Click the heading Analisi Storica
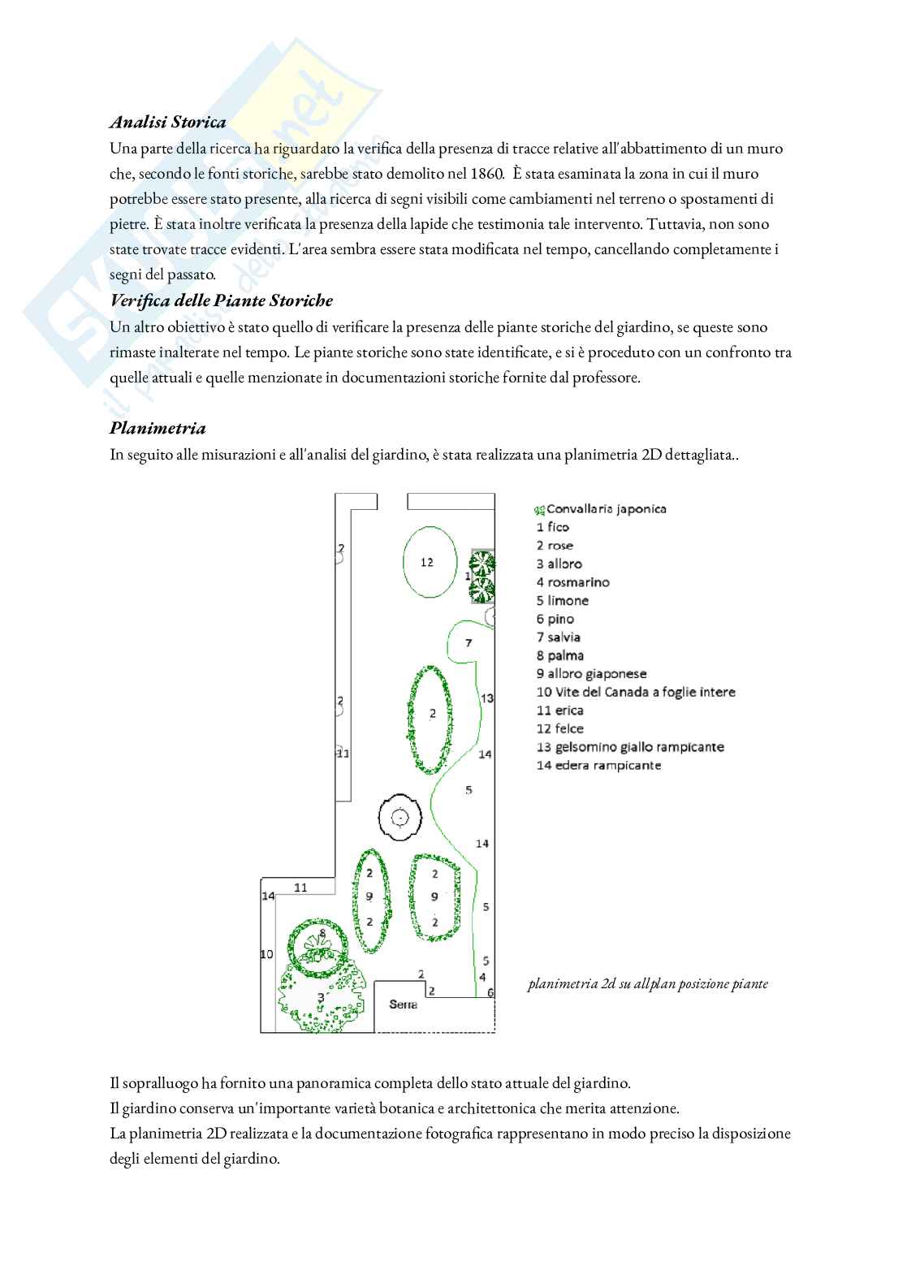[167, 123]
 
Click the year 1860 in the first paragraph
[486, 174]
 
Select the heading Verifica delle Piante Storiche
[221, 301]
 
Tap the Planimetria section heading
[158, 429]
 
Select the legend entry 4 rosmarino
[572, 582]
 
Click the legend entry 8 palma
[559, 655]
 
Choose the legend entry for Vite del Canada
[636, 692]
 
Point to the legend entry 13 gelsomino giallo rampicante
[630, 747]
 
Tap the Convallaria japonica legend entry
[601, 509]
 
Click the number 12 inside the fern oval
[427, 562]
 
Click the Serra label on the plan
[404, 1004]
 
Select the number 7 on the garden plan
[469, 643]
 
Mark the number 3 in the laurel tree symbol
[321, 997]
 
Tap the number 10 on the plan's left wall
[266, 954]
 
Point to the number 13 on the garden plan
[487, 698]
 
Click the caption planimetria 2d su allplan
[647, 984]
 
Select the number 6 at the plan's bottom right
[490, 992]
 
